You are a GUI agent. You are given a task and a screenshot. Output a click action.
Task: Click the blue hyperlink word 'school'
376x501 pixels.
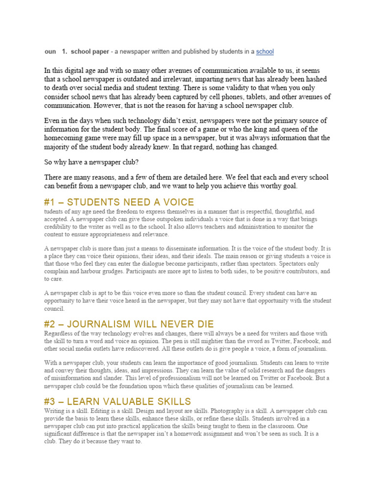click(265, 51)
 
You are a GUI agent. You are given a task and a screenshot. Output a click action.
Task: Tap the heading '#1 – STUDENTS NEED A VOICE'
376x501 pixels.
click(119, 203)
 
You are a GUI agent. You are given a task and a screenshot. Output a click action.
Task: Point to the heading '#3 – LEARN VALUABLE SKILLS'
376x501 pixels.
click(117, 402)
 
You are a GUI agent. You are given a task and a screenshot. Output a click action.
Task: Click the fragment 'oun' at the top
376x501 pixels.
click(50, 51)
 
